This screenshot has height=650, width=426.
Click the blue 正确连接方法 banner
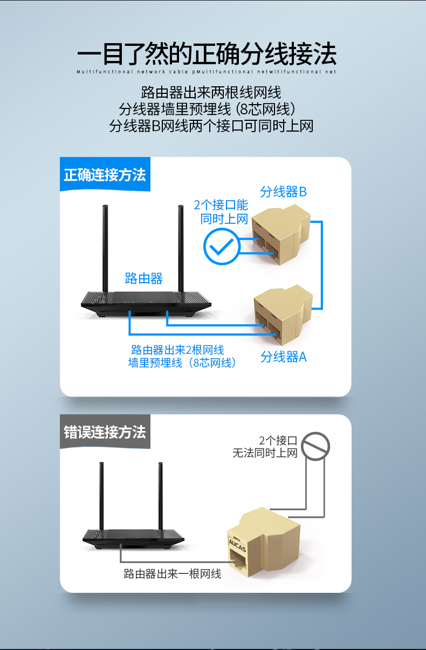(105, 174)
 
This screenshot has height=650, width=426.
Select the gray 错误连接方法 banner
(105, 432)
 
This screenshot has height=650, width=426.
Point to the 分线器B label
(283, 192)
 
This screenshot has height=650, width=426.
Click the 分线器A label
(283, 357)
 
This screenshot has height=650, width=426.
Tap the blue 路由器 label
(143, 278)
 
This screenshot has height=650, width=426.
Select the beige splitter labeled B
(281, 235)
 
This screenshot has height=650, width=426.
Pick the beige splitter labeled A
(283, 315)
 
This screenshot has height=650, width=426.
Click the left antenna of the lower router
(101, 496)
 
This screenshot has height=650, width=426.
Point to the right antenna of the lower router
(160, 496)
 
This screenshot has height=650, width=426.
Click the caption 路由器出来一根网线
(172, 574)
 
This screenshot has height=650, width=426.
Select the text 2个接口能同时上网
(221, 212)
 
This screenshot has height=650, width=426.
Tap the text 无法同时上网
(265, 453)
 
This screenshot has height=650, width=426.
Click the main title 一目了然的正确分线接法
(207, 53)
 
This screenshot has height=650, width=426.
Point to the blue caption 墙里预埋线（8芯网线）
(182, 362)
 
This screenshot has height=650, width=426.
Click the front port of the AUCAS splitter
(238, 559)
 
